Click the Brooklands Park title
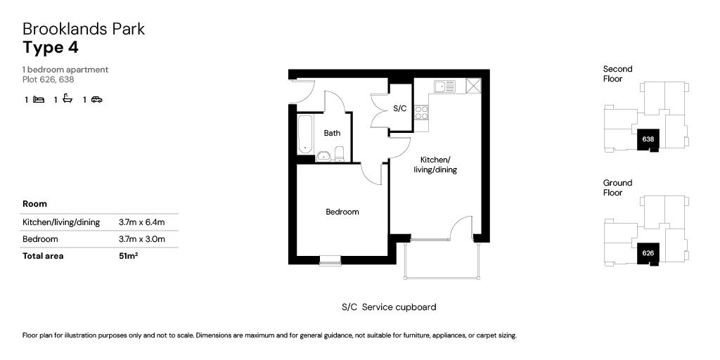[x=84, y=29]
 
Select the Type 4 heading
[x=51, y=48]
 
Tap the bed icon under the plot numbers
[x=39, y=99]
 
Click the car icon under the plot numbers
[x=97, y=99]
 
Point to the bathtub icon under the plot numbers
[x=67, y=98]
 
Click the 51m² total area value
[x=129, y=256]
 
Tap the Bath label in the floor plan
[x=332, y=133]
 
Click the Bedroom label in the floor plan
[x=342, y=212]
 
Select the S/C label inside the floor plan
[x=400, y=108]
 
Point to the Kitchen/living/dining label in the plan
[x=435, y=165]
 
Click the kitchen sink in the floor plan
[x=444, y=86]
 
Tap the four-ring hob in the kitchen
[x=421, y=112]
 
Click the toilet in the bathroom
[x=339, y=154]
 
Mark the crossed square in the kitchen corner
[x=473, y=86]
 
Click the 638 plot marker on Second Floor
[x=648, y=139]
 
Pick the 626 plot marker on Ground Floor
[x=648, y=252]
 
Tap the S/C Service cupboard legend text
[x=389, y=307]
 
